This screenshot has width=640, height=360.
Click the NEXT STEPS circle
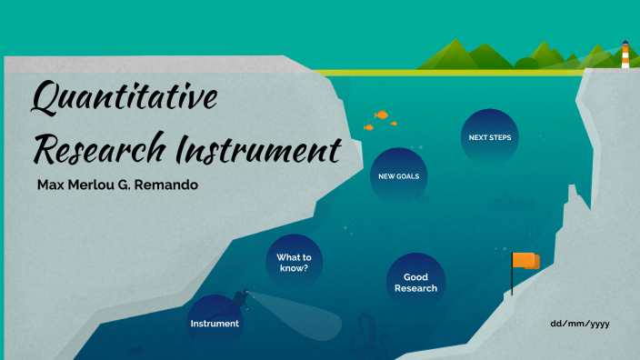click(x=489, y=137)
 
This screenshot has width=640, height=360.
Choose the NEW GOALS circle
click(x=398, y=175)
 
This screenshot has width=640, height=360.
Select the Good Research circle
click(x=415, y=282)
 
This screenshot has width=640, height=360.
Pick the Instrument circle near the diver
click(x=215, y=323)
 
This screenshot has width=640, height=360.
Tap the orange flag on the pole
click(x=525, y=262)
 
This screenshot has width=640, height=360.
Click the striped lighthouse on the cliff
click(x=625, y=56)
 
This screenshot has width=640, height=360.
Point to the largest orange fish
click(x=382, y=115)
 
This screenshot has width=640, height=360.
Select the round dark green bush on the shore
click(x=525, y=64)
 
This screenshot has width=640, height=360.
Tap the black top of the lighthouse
click(x=625, y=43)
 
